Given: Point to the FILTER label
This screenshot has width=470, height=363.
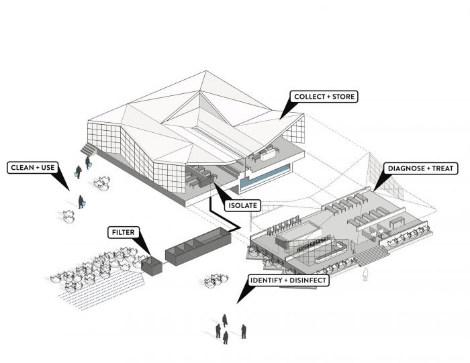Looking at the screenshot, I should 123,232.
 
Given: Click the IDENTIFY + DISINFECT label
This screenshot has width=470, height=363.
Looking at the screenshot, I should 289,280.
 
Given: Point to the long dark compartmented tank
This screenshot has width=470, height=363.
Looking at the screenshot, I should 197,245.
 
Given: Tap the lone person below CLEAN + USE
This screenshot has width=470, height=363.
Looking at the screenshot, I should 81,201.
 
